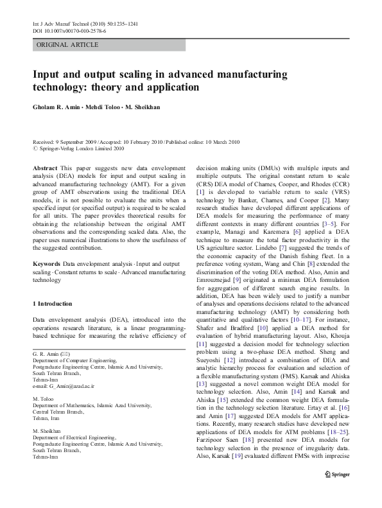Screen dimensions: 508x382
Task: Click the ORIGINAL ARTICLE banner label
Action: point(67,45)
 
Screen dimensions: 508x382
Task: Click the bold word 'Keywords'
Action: point(48,264)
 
